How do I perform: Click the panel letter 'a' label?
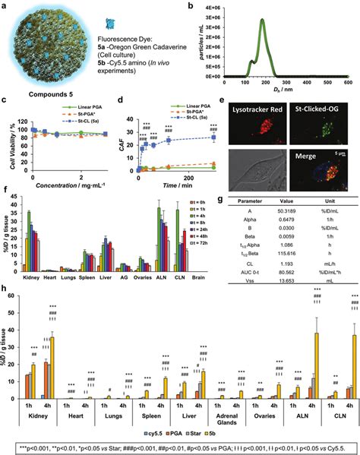coord(5,5)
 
